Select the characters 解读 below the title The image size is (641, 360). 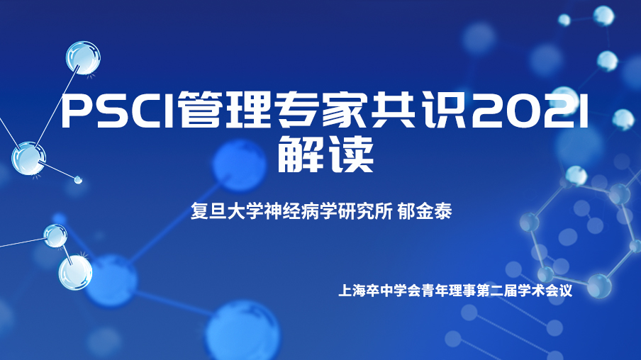(x=325, y=154)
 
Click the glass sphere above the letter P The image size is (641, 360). (x=83, y=58)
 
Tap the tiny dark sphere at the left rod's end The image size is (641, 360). (x=78, y=179)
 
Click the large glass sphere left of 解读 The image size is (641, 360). (x=28, y=159)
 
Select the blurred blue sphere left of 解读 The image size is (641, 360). (x=239, y=165)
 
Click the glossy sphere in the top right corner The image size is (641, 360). (x=603, y=16)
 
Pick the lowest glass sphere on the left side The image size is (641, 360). (x=75, y=273)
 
